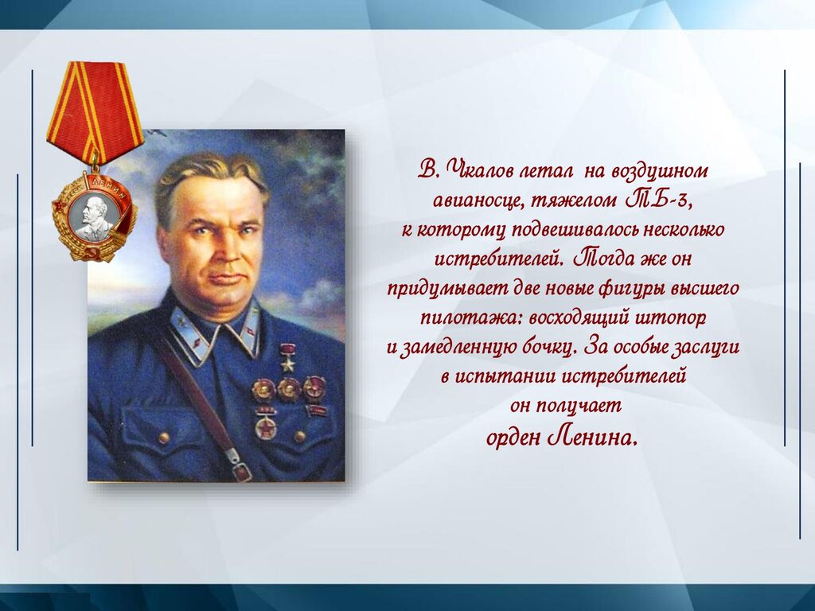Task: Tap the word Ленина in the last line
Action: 591,438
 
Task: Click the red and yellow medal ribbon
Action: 95,110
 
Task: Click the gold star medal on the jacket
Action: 287,356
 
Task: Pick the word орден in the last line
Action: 513,439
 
